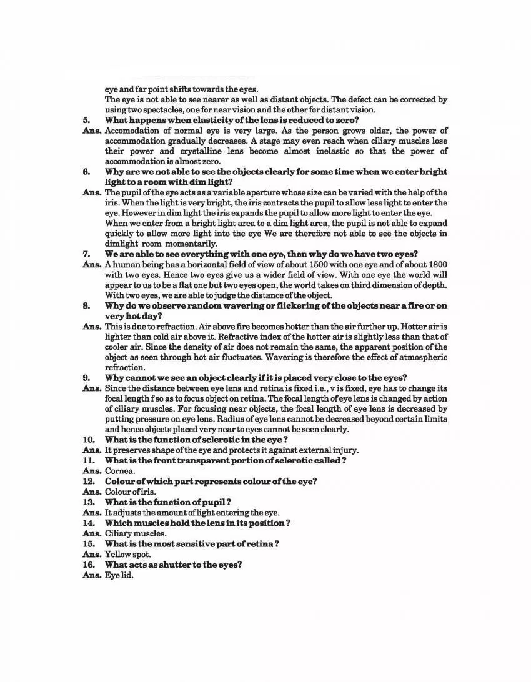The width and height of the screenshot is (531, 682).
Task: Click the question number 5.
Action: click(86, 120)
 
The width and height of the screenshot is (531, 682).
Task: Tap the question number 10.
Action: click(88, 440)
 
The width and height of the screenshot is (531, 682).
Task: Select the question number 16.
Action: click(88, 565)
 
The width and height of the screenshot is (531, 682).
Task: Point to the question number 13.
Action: click(88, 502)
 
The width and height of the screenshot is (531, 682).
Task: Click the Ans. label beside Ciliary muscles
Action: click(92, 533)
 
